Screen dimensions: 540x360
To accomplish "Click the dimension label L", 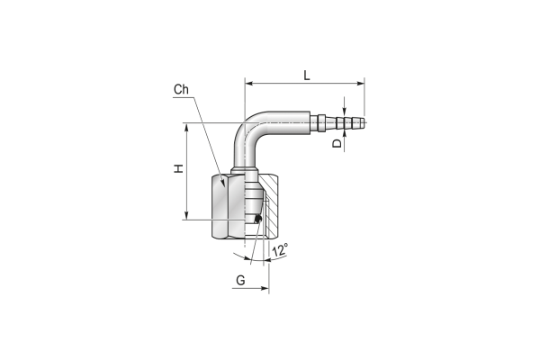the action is tap(307, 75).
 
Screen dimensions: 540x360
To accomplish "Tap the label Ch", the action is tap(181, 90).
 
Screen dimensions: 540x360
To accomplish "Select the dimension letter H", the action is tap(178, 169).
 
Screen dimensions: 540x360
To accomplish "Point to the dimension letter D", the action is tap(337, 143).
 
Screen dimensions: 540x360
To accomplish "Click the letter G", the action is tap(240, 281).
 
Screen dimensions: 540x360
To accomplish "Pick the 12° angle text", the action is tap(280, 250).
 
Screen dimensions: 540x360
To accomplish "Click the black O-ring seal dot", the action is tap(257, 219).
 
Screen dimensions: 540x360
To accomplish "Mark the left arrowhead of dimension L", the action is tap(249, 84).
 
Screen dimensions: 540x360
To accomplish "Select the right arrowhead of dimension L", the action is tap(360, 84).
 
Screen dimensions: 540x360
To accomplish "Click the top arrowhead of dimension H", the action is tap(186, 127).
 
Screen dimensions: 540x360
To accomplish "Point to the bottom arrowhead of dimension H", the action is tap(186, 215).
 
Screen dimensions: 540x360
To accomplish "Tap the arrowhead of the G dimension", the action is tap(265, 288).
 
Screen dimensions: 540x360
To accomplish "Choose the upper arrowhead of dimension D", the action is tap(345, 109).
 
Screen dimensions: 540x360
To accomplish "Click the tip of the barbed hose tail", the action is tap(364, 122).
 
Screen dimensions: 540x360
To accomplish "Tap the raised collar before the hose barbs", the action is tap(321, 122).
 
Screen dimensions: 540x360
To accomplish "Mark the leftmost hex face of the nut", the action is tap(220, 206).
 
